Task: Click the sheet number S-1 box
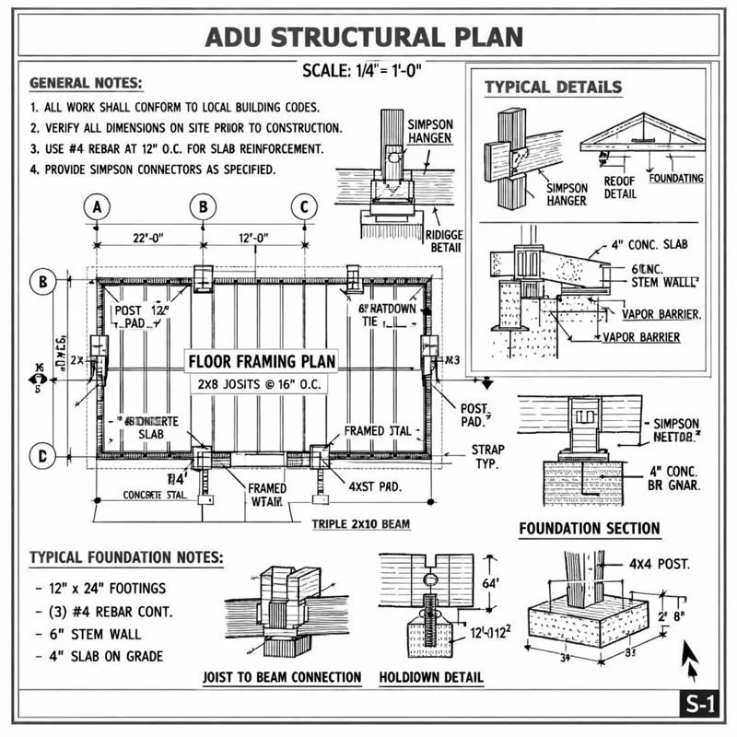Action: click(699, 705)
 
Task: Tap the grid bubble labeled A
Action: click(97, 207)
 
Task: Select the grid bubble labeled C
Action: click(304, 207)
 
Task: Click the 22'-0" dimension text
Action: click(148, 238)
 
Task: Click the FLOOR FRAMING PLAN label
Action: click(263, 360)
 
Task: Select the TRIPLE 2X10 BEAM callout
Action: click(361, 523)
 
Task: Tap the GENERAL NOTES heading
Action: click(86, 83)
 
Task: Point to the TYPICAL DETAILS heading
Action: click(553, 88)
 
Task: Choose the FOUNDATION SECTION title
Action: click(590, 528)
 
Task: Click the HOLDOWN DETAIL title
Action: click(431, 677)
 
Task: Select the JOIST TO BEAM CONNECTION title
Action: click(282, 677)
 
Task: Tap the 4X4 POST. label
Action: click(660, 562)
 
